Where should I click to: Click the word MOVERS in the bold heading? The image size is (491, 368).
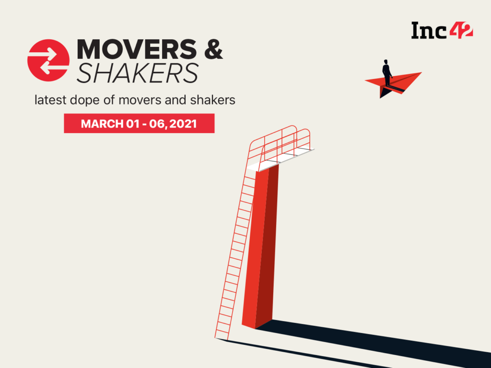(137, 49)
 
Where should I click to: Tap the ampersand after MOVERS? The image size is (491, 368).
(213, 49)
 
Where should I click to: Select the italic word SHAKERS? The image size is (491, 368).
(138, 73)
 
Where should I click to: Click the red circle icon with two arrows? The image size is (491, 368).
(48, 60)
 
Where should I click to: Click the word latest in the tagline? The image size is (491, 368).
(50, 100)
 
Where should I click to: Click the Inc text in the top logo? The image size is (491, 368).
(429, 31)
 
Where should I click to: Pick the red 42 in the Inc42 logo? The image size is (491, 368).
(461, 30)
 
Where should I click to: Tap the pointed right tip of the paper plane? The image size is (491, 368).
(421, 73)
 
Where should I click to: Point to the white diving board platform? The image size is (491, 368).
(280, 160)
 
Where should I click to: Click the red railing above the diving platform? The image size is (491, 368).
(280, 143)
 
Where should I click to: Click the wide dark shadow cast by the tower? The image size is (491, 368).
(373, 342)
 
